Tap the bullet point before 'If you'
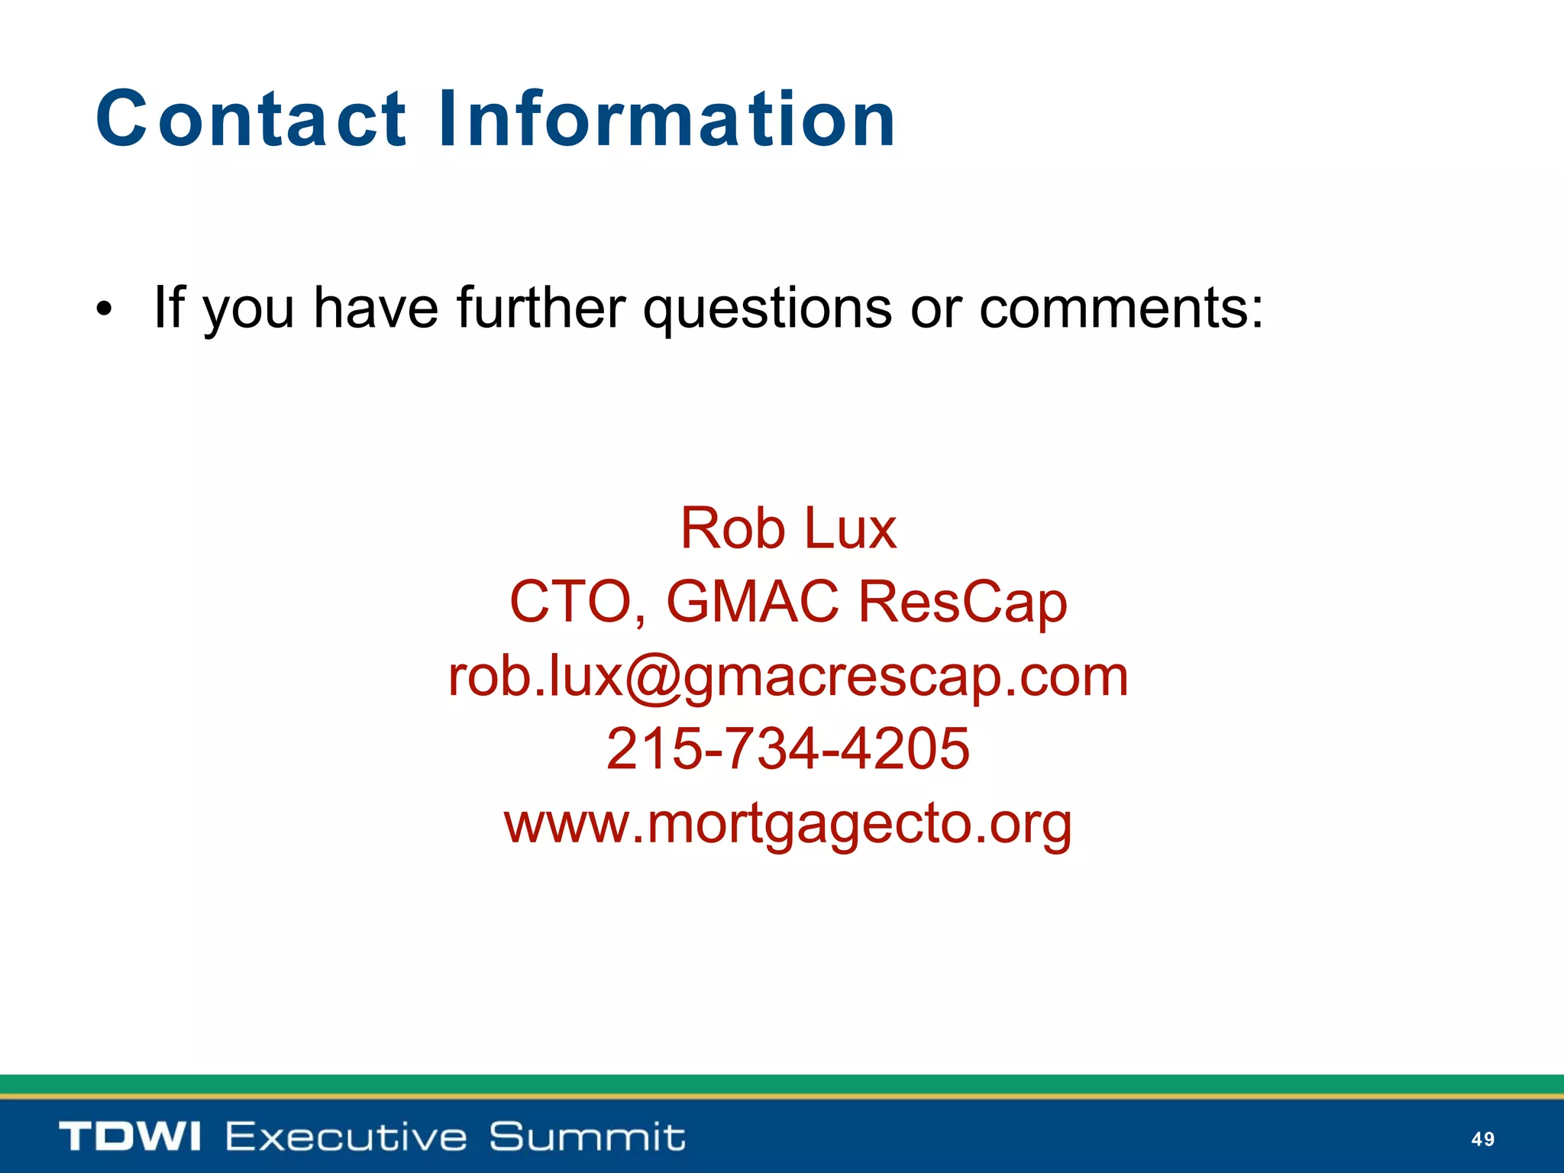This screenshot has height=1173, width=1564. [x=104, y=309]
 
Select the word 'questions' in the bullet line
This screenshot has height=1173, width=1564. [x=767, y=308]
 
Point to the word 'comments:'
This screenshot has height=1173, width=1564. [x=1121, y=308]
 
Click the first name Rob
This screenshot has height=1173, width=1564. [x=732, y=528]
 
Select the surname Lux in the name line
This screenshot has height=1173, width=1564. [x=850, y=528]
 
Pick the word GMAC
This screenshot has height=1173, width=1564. [x=753, y=602]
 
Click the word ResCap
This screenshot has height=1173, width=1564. [x=962, y=602]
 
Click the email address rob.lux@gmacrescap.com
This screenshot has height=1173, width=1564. [x=788, y=676]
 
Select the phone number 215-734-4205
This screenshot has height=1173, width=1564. [x=788, y=748]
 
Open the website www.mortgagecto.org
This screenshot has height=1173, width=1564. [x=788, y=823]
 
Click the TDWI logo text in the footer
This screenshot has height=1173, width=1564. [x=130, y=1136]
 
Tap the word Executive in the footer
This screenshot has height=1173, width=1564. [x=345, y=1136]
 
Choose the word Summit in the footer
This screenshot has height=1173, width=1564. [x=586, y=1136]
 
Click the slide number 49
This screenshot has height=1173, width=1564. [x=1482, y=1139]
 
